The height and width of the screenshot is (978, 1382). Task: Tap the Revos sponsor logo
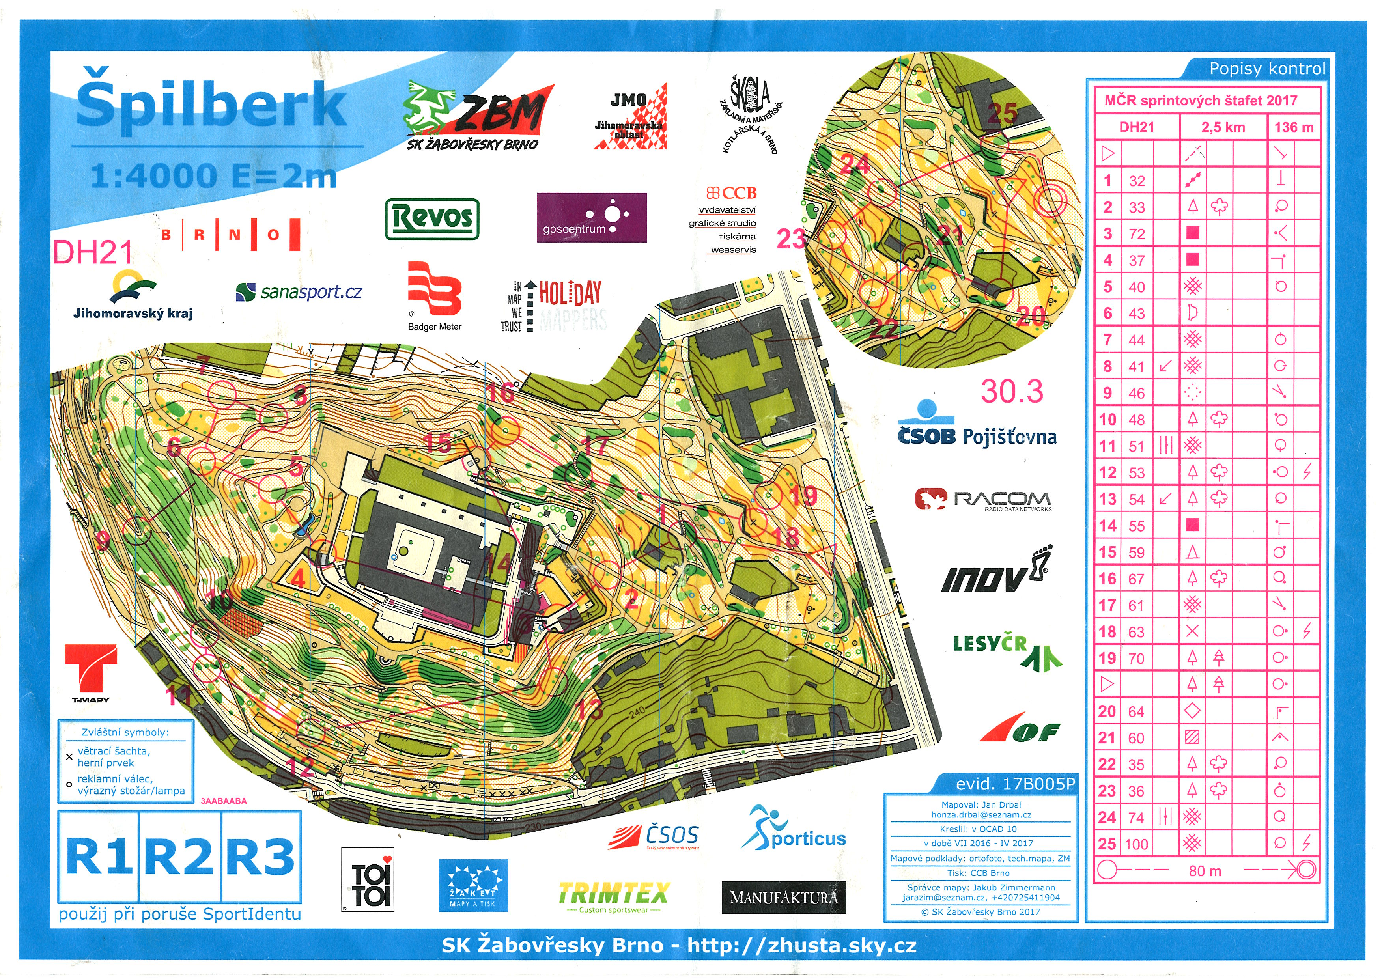coord(432,218)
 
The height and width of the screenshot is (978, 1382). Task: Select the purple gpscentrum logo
coord(591,217)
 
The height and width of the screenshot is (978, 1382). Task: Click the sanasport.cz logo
coord(299,292)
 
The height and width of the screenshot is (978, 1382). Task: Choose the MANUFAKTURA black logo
coord(783,897)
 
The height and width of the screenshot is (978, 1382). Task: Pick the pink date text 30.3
coord(1012,392)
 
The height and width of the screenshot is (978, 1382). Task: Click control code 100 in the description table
coord(1136,844)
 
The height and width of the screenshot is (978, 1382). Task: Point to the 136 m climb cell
coord(1294,127)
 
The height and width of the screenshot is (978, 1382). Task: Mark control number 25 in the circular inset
coord(1003,113)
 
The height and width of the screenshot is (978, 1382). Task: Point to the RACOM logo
coord(983,499)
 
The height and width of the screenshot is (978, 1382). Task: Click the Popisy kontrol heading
coord(1267,69)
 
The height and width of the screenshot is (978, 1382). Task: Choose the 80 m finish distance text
coord(1205,871)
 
